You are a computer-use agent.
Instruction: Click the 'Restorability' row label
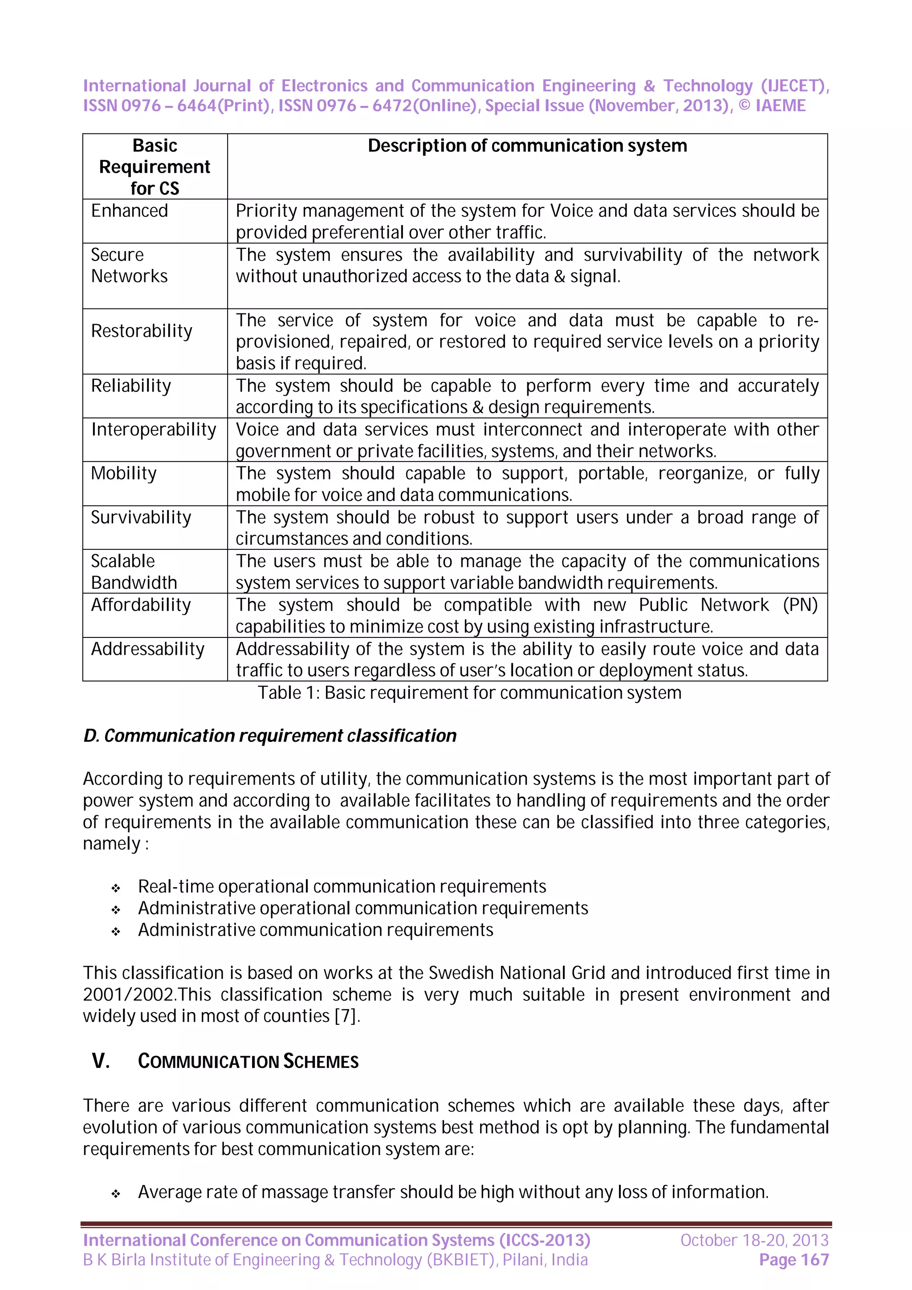click(x=142, y=331)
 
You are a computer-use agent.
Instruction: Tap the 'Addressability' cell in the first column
click(x=148, y=649)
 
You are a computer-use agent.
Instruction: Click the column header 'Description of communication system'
click(x=527, y=146)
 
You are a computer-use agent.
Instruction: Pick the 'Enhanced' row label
click(x=129, y=211)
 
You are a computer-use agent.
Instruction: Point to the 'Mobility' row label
click(x=124, y=474)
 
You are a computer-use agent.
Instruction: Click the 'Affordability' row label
click(x=141, y=605)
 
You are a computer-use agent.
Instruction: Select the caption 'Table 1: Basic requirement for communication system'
click(x=469, y=693)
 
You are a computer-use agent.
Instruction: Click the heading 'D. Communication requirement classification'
click(x=270, y=735)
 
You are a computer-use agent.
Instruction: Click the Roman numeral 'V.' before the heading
click(x=101, y=1061)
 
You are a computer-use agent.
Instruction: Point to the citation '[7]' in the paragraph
click(x=345, y=1016)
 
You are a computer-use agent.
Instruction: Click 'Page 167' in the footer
click(x=794, y=1260)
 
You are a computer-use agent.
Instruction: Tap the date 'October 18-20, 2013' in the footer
click(x=754, y=1240)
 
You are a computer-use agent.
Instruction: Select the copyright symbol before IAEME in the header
click(x=744, y=105)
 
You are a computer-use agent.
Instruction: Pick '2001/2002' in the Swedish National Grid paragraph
click(x=130, y=994)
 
